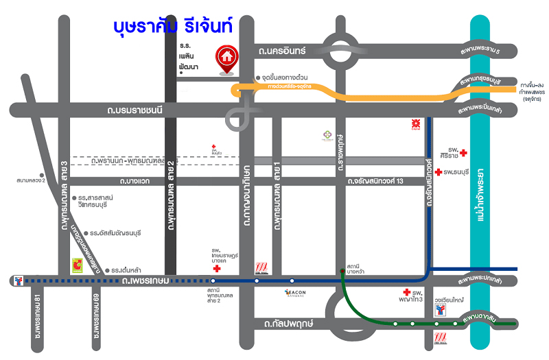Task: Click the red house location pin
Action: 226,58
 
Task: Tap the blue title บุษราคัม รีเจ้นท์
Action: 173,27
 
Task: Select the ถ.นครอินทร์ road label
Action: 282,51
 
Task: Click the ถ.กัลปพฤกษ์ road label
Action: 283,324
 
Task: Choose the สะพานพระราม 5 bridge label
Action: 490,51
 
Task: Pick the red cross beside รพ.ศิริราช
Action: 463,152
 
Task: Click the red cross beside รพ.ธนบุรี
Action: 439,171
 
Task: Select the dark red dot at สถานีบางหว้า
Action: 342,272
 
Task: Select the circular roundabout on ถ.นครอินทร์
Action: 341,51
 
